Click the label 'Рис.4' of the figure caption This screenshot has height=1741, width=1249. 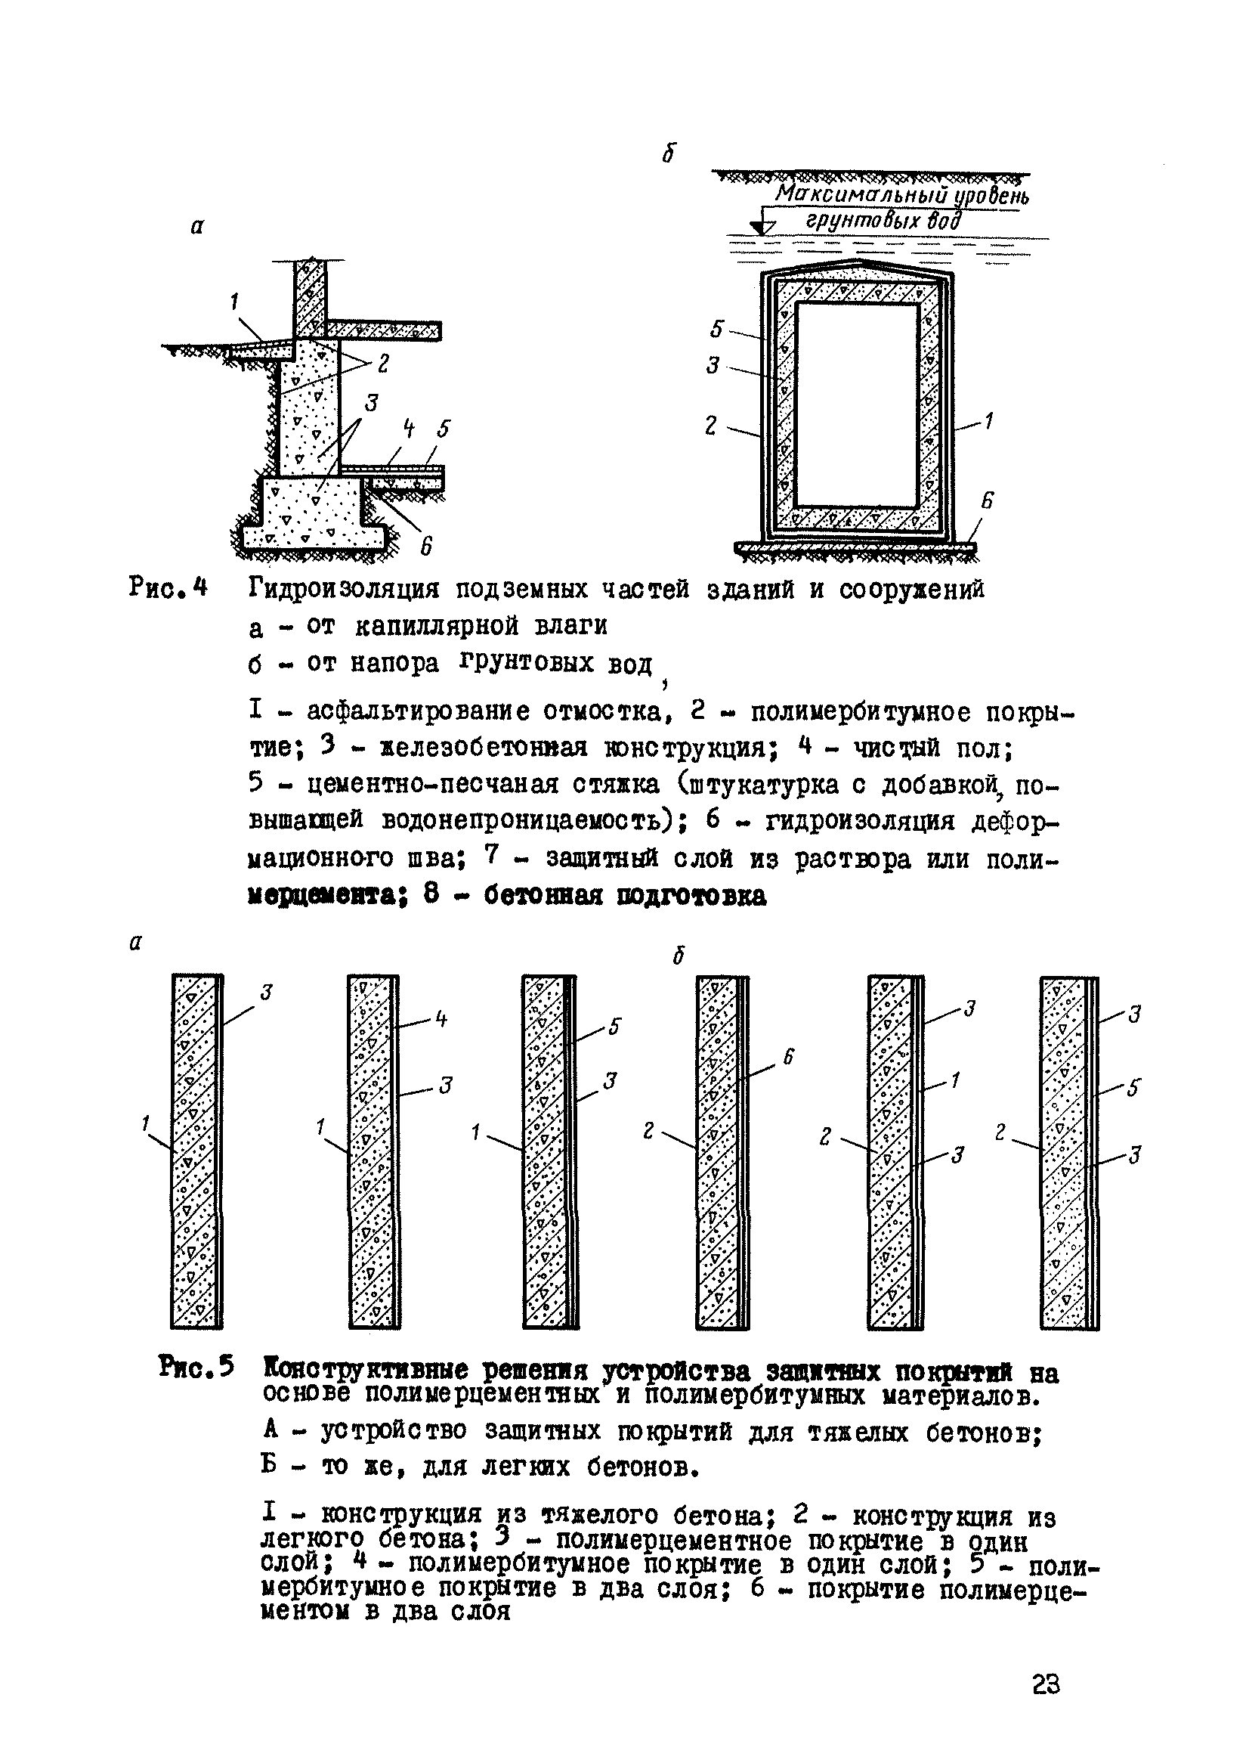point(168,589)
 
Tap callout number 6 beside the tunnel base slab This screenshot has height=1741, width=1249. point(987,500)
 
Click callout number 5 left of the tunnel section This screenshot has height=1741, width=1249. point(716,330)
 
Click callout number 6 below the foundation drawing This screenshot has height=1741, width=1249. point(427,547)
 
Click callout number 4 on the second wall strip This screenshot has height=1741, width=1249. point(441,1019)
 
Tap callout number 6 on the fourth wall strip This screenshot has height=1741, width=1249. point(787,1057)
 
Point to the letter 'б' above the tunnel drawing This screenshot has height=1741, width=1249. point(669,154)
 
